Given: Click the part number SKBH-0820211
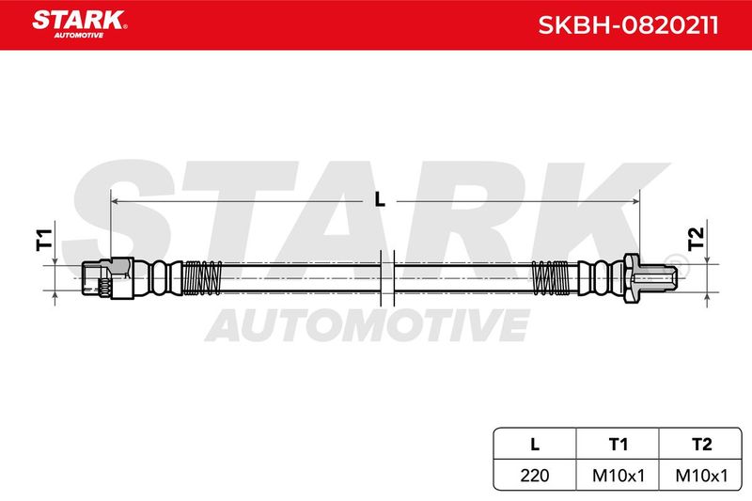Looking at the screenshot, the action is pos(628,25).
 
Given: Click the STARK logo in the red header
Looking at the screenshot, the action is pos(80,24).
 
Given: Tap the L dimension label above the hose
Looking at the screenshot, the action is pos(380,199).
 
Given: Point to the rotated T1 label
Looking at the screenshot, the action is pos(44,240).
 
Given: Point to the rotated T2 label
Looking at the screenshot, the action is pos(696,240).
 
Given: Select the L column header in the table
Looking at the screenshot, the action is pos(535,445).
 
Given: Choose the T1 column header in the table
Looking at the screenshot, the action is pos(618,445).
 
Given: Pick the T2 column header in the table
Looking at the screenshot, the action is pos(701,445).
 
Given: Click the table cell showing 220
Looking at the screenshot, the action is pos(535,475).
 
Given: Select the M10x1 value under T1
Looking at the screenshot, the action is pos(619,475).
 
